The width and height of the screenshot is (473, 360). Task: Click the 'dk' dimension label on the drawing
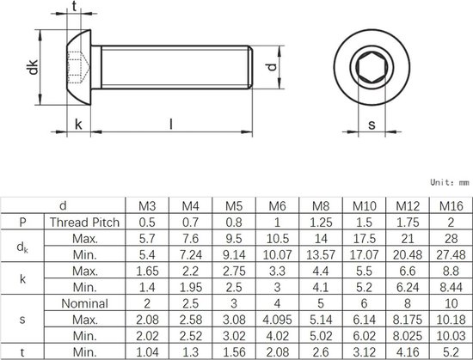click(x=33, y=67)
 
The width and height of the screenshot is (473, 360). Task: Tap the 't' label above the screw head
click(x=74, y=6)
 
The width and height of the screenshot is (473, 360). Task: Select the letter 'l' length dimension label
click(x=171, y=124)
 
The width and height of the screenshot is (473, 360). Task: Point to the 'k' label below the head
click(x=78, y=124)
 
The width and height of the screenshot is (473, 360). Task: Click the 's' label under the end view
click(x=372, y=125)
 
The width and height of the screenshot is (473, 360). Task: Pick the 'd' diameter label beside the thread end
click(x=272, y=67)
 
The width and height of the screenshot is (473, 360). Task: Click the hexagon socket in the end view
click(x=372, y=67)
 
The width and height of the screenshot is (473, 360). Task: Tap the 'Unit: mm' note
click(x=450, y=182)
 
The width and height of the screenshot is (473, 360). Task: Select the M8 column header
click(x=321, y=206)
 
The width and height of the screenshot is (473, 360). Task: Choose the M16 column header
click(x=451, y=206)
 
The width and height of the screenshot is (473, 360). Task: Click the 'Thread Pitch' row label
click(x=85, y=223)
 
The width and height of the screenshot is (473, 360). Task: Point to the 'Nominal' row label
click(x=85, y=303)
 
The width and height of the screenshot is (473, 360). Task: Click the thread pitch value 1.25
click(x=321, y=223)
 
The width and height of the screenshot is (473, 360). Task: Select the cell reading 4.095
click(x=277, y=320)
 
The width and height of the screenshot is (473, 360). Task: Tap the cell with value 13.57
click(x=321, y=255)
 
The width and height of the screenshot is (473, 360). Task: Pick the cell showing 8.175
click(x=408, y=320)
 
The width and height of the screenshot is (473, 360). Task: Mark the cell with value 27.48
click(x=451, y=255)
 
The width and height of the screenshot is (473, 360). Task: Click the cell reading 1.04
click(x=147, y=352)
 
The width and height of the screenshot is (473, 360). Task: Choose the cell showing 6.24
click(x=408, y=287)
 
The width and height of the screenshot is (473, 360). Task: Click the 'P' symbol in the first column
click(x=22, y=223)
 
